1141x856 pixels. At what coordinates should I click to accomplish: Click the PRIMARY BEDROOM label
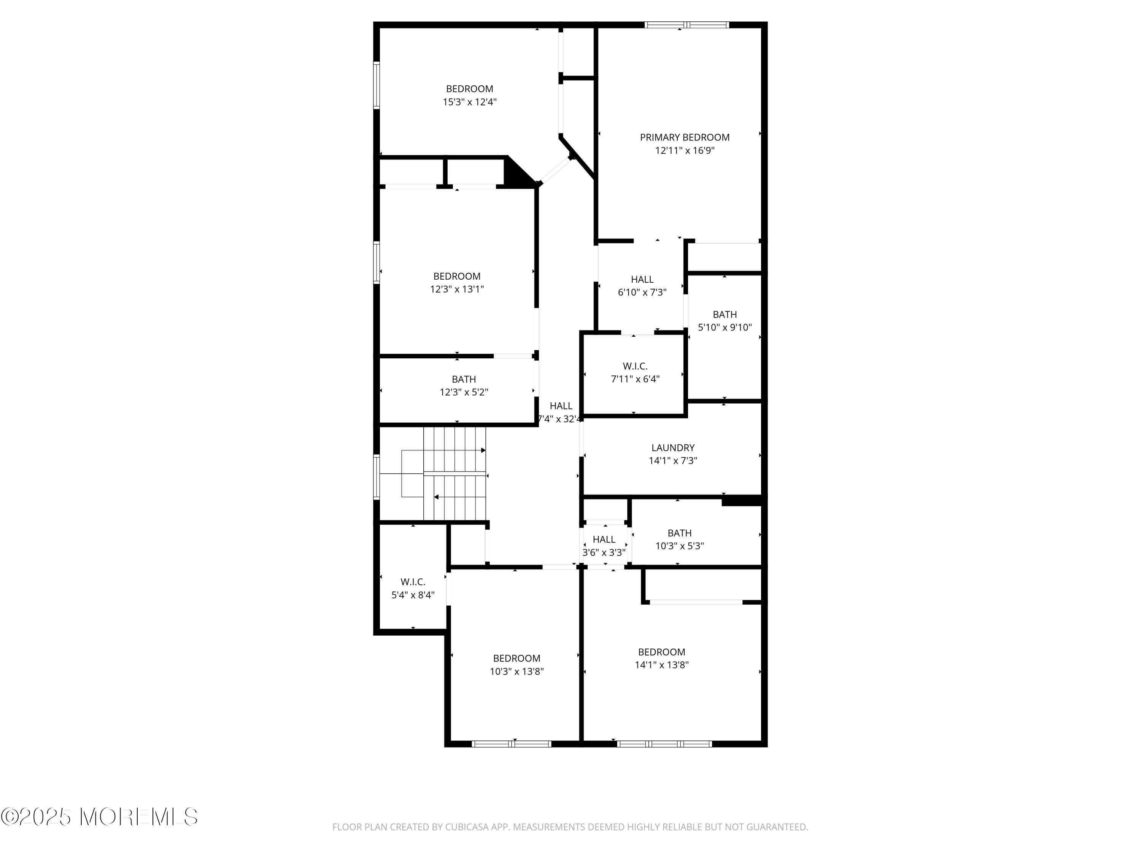[x=685, y=137]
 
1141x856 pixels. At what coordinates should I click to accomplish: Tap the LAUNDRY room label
[x=673, y=448]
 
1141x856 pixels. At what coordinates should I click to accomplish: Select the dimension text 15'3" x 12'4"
[x=469, y=102]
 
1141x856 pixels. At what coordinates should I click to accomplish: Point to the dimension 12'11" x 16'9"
[x=685, y=151]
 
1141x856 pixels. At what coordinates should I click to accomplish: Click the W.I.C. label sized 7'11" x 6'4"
[x=635, y=366]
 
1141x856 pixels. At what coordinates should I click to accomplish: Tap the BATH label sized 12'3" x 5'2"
[x=464, y=379]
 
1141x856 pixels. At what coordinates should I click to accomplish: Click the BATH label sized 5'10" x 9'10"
[x=725, y=314]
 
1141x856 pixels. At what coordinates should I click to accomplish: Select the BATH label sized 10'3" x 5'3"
[x=679, y=533]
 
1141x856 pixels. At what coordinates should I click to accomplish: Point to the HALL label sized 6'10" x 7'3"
[x=642, y=279]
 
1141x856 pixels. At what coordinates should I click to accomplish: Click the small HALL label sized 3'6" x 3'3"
[x=604, y=539]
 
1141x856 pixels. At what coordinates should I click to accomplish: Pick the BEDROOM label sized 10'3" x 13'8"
[x=516, y=659]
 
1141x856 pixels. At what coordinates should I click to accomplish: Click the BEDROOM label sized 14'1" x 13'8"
[x=661, y=652]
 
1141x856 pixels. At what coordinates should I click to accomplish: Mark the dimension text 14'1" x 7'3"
[x=673, y=461]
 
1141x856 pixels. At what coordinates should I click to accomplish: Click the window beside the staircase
[x=377, y=477]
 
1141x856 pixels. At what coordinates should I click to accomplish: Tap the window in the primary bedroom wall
[x=687, y=24]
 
